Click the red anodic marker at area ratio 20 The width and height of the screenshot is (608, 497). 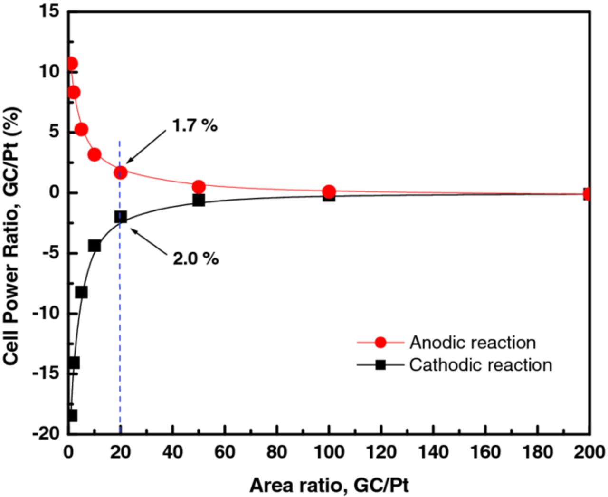[x=121, y=172]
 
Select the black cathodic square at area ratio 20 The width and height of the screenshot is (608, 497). [x=121, y=217]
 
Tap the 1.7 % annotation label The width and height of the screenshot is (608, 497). [x=195, y=126]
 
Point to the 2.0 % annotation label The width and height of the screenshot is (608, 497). [x=196, y=259]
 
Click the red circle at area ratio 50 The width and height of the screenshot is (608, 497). [x=199, y=187]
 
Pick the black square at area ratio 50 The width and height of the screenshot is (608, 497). [x=199, y=200]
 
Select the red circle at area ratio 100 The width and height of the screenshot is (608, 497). [x=329, y=191]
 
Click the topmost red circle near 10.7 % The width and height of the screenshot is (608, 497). [x=71, y=64]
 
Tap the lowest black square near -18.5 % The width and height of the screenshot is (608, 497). [x=71, y=415]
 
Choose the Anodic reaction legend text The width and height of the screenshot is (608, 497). [x=473, y=343]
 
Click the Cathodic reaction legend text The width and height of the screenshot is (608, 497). [x=481, y=365]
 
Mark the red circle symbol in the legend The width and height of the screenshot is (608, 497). [x=380, y=343]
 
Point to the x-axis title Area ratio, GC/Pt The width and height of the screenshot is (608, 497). [x=329, y=486]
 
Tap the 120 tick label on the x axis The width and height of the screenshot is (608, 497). [x=381, y=452]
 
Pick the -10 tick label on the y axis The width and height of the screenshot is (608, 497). [x=46, y=313]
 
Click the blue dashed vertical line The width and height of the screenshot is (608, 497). [x=120, y=309]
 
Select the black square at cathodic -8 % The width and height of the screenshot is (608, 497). [x=81, y=292]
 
